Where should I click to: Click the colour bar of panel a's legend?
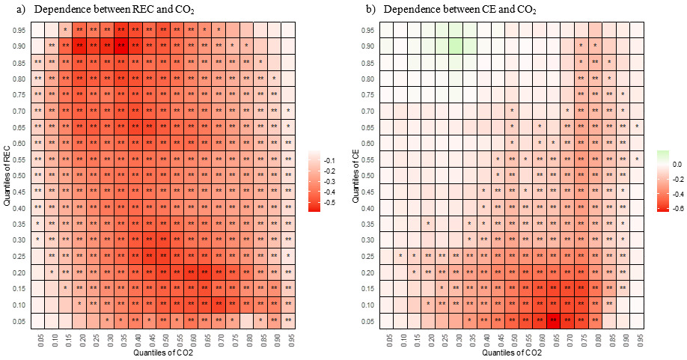coord(314,180)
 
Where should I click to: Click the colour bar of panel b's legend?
coord(662,180)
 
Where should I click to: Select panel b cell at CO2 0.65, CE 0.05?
coord(553,320)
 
